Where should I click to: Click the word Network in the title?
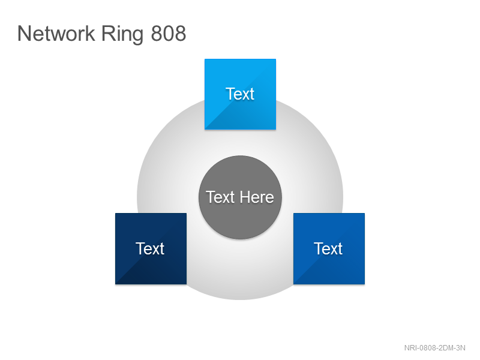[x=56, y=34]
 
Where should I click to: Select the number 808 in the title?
[x=169, y=34]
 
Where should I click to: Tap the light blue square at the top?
[x=241, y=94]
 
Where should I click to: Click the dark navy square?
[x=151, y=248]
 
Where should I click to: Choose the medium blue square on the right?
[x=329, y=248]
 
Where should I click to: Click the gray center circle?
[x=241, y=197]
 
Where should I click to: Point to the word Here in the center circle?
[x=257, y=197]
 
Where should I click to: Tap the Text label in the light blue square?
[x=240, y=94]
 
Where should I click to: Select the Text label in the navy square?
[x=150, y=248]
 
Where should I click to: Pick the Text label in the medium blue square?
[x=328, y=248]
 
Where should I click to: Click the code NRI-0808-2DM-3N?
[x=434, y=348]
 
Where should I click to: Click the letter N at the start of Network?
[x=24, y=34]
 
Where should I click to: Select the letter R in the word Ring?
[x=107, y=34]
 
